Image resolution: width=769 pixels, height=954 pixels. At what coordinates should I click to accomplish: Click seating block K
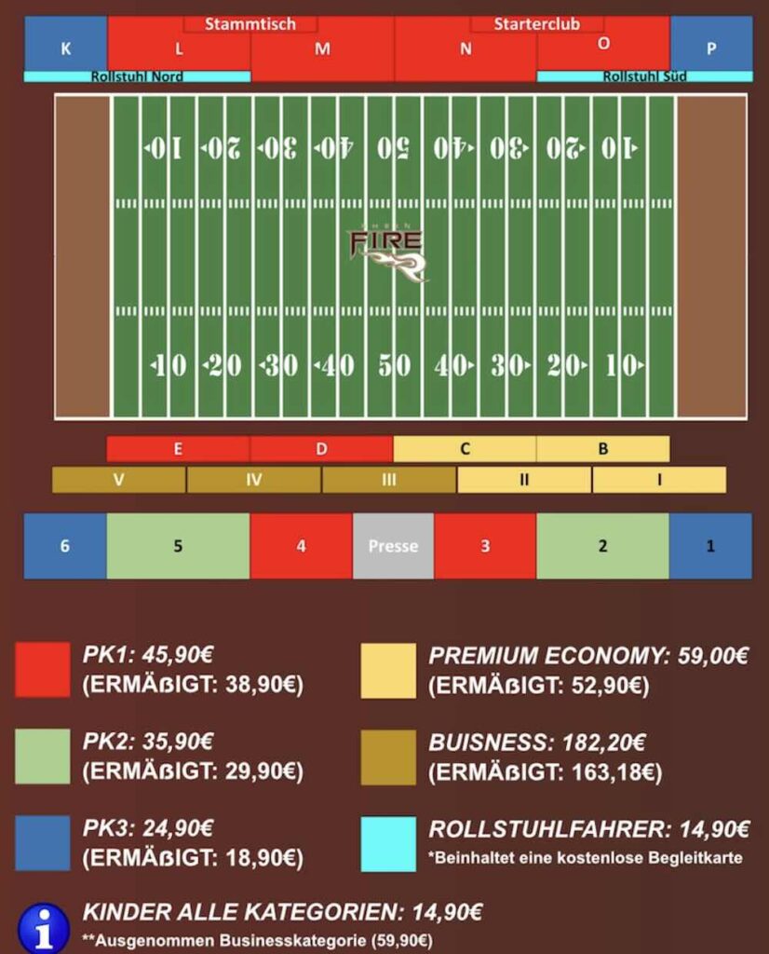[x=65, y=44]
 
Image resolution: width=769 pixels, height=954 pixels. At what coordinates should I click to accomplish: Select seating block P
[x=711, y=44]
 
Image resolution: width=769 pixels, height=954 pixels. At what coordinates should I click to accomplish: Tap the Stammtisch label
[x=250, y=24]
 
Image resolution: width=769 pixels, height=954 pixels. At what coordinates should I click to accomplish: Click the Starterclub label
[x=536, y=24]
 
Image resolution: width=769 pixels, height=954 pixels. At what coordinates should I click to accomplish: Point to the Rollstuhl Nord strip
[x=137, y=76]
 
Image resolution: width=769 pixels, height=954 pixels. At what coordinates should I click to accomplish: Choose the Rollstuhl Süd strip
[x=644, y=76]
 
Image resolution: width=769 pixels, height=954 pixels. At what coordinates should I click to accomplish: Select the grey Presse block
[x=393, y=546]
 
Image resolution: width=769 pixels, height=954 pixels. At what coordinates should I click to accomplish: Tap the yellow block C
[x=465, y=449]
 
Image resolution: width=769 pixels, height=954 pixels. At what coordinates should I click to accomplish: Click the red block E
[x=178, y=449]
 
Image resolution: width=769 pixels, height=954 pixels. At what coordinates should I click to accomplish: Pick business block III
[x=388, y=480]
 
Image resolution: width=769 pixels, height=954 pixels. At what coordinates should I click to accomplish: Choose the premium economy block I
[x=659, y=480]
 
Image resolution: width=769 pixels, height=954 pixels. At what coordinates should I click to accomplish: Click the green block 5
[x=178, y=546]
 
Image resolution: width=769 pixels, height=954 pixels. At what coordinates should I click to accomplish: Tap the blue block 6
[x=65, y=546]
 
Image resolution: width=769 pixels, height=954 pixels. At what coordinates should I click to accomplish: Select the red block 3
[x=484, y=546]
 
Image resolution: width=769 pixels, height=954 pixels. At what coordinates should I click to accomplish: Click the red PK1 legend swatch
[x=43, y=670]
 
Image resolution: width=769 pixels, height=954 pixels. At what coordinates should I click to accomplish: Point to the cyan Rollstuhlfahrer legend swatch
[x=388, y=844]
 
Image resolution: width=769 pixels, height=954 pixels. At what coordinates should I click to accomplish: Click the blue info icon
[x=44, y=927]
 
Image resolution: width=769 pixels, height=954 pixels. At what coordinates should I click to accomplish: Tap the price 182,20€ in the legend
[x=603, y=743]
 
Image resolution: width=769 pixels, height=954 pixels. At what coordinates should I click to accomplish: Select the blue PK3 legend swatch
[x=43, y=844]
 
